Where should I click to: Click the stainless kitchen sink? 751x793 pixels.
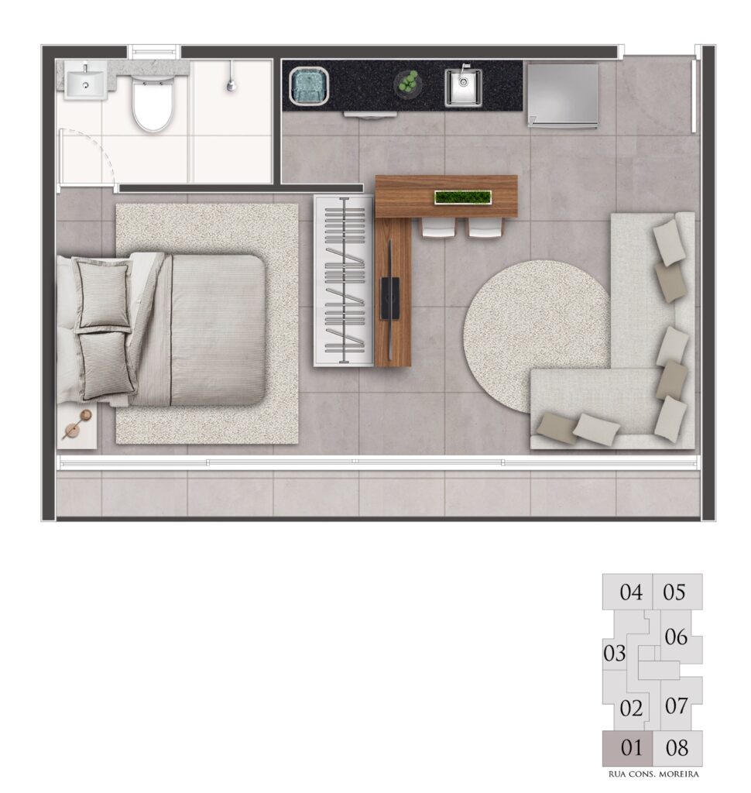463,88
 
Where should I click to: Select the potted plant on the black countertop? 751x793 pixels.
407,82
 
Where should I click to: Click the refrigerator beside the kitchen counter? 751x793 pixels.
563,94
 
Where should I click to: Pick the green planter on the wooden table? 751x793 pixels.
463,197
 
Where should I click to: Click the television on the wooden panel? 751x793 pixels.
390,297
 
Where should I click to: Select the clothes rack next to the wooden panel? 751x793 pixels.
345,280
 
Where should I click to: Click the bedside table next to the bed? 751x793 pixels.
77,426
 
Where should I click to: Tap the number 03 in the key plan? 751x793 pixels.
615,654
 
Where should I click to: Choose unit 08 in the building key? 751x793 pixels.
677,747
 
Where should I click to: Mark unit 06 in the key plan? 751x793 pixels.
676,637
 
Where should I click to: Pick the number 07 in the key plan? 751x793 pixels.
676,705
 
